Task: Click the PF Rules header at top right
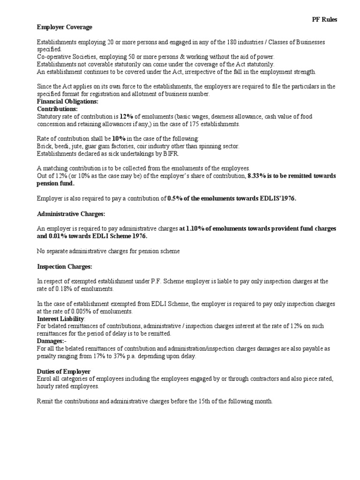324,20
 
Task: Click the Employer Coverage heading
65,27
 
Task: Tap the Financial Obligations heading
67,101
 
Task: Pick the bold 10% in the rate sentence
119,139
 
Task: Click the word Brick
45,146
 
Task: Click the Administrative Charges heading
71,214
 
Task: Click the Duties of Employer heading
64,371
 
